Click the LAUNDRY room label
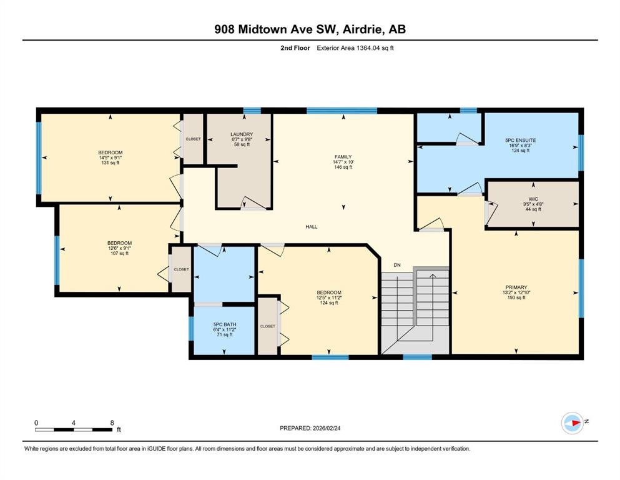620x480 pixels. coord(242,134)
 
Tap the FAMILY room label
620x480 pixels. coord(343,157)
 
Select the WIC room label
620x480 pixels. coord(533,199)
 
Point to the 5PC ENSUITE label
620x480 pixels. coord(520,140)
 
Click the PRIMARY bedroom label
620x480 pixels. coord(516,287)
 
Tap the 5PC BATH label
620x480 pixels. coord(225,324)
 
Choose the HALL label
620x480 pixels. coord(312,227)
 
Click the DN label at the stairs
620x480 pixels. coord(397,265)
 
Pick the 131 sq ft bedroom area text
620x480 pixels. coord(111,162)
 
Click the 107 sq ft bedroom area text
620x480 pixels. coord(119,253)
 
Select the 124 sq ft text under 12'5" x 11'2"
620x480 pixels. coord(329,302)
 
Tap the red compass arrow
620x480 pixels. coord(576,422)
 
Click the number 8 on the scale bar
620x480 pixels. coord(112,422)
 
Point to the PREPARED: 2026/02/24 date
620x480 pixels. coord(310,428)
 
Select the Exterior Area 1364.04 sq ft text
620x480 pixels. coord(355,48)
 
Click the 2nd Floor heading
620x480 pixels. coord(295,48)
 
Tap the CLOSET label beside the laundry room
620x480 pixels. coord(193,139)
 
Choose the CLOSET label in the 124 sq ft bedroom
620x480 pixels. coord(268,326)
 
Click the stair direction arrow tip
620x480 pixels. coord(433,274)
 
